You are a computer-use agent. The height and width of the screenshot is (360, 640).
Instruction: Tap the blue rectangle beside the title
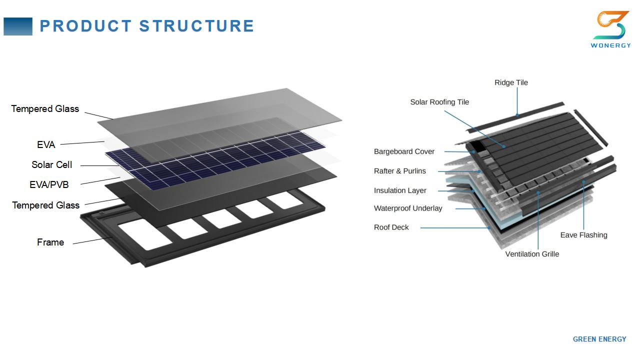coord(18,26)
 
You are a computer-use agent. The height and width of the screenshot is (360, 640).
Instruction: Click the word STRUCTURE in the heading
coord(196,26)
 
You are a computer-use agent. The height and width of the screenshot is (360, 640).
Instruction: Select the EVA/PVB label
coord(49,184)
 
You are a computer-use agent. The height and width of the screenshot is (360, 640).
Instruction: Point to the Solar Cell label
coord(51,164)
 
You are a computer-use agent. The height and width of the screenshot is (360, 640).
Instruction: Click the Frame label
coord(50,242)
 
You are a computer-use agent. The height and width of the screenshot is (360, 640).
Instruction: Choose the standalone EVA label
coord(46,144)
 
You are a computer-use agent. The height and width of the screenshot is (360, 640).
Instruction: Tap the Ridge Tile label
coord(511,82)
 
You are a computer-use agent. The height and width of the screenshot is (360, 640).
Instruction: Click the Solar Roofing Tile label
coord(439,102)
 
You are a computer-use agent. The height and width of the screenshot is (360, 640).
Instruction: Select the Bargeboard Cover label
coord(404,151)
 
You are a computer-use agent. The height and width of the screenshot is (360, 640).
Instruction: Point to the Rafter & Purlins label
coord(399,171)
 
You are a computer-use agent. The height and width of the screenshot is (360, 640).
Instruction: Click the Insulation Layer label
coord(400,190)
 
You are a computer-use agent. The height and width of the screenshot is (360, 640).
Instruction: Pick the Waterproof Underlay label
coord(408,208)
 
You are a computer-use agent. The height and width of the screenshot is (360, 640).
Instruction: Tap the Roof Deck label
coord(391,227)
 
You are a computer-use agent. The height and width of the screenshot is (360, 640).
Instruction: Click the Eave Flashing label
coord(583,235)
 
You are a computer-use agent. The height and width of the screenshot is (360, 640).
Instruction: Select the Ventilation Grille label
coord(532,254)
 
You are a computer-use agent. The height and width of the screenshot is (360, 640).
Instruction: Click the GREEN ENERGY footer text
coord(599,339)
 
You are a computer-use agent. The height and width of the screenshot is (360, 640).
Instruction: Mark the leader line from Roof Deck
coord(455,228)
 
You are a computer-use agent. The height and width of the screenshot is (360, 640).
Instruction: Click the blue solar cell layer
coord(215,161)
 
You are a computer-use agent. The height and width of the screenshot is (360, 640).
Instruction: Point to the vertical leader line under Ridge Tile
coord(517,101)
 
